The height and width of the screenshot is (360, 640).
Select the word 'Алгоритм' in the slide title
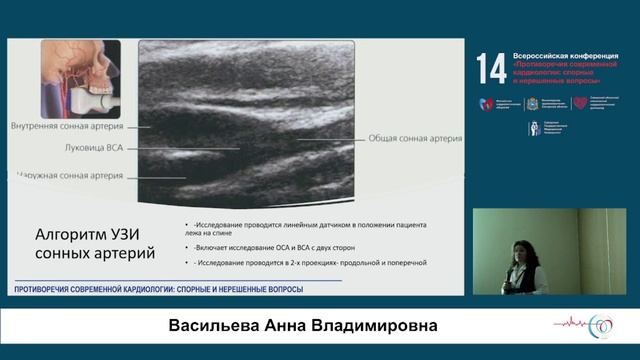[x=70, y=236]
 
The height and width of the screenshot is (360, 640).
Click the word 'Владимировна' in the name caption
[x=383, y=328]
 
